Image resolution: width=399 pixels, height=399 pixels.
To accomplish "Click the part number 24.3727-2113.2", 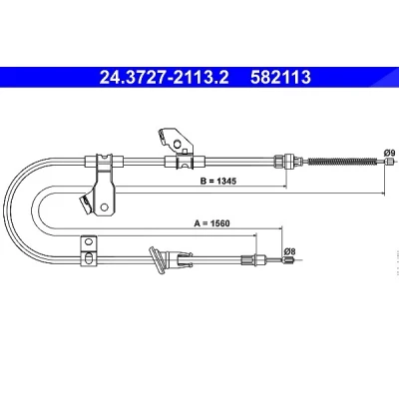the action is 165,78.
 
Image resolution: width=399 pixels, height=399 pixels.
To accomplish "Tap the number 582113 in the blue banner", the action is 280,78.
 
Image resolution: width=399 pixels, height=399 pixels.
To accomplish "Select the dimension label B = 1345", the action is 218,181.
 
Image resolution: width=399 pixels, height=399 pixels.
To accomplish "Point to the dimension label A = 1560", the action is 211,223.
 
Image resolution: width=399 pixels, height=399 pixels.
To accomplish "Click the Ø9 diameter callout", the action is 389,154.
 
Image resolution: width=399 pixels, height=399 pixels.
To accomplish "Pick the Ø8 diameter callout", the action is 290,251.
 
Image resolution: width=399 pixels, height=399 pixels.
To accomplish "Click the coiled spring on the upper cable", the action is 342,162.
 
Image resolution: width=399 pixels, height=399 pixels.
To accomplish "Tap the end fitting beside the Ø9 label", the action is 388,162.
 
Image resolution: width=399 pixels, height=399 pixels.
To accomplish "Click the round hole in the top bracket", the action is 178,144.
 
